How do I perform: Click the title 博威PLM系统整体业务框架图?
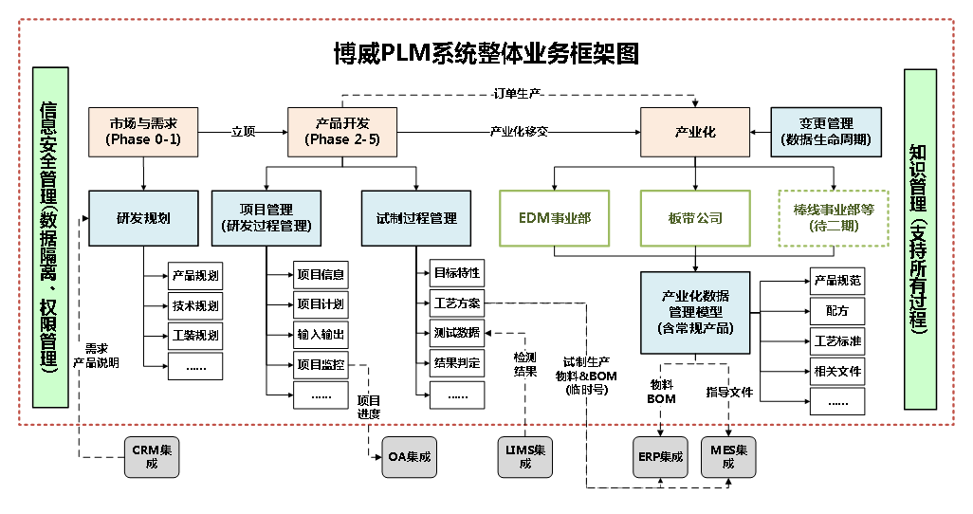tap(486, 53)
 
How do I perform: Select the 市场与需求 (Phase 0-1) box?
tap(143, 131)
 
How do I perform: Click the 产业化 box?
tap(695, 132)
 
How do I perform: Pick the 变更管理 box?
tap(826, 131)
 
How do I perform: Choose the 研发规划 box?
tap(143, 218)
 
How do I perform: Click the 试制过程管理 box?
tap(416, 218)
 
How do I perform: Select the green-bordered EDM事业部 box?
tap(554, 218)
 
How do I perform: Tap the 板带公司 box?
tap(695, 218)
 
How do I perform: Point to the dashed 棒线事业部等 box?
tap(834, 218)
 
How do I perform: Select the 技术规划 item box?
tap(195, 305)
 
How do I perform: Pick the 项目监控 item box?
tap(321, 364)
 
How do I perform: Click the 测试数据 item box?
tap(456, 333)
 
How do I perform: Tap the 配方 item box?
tap(837, 310)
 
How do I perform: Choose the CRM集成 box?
tap(152, 456)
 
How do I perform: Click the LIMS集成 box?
tap(525, 456)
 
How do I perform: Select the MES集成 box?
tap(728, 456)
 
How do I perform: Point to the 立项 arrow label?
tap(244, 132)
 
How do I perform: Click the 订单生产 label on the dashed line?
tap(518, 93)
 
